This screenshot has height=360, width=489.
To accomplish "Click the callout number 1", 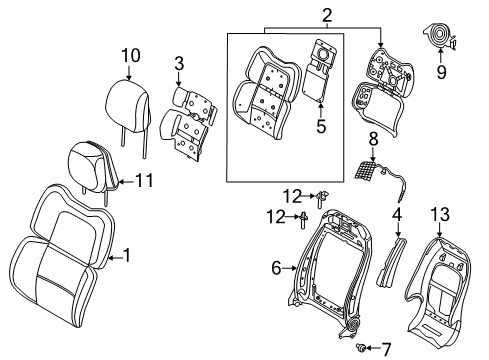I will point(127,257).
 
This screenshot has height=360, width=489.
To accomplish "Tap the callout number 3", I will point(178,65).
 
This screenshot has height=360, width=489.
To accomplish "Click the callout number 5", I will point(321,127).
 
